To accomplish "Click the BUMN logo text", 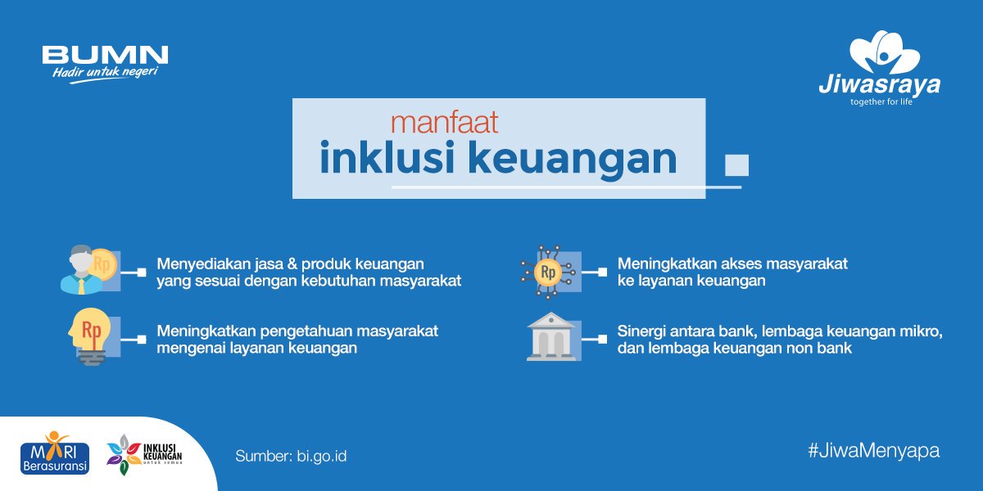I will pos(105,55).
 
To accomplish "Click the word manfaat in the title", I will pos(445,123).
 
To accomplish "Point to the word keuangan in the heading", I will pos(573,160).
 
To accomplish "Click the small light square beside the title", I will pos(736,164).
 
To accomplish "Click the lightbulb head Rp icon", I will pos(90,336).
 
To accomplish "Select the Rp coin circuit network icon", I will pos(548,271).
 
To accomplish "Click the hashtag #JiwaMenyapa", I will pos(872,450).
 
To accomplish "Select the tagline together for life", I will pos(881,102).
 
